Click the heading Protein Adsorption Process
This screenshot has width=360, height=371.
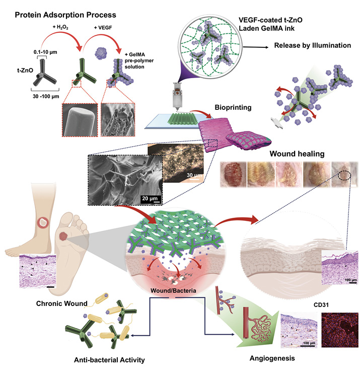(x=65, y=15)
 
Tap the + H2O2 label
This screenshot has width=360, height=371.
(x=60, y=27)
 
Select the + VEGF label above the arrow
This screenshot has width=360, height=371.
(x=103, y=28)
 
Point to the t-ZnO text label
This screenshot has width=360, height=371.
(x=25, y=70)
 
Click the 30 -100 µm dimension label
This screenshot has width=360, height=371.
(x=46, y=96)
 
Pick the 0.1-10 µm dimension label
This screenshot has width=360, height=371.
(x=45, y=52)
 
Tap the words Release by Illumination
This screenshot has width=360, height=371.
(x=313, y=45)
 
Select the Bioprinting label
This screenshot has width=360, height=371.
(x=233, y=107)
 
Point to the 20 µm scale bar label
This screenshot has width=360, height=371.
(x=150, y=198)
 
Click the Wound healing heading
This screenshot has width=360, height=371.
(x=297, y=154)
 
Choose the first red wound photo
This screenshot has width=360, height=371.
(x=233, y=174)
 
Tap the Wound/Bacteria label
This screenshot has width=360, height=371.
(x=173, y=290)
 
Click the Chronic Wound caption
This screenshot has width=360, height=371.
(x=62, y=303)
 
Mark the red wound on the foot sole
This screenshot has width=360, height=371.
(x=63, y=236)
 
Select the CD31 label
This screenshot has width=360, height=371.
(x=321, y=305)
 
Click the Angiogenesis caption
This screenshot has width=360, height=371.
(x=272, y=358)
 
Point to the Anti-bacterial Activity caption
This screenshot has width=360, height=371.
(x=109, y=360)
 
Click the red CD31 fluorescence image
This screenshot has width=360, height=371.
(x=340, y=330)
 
